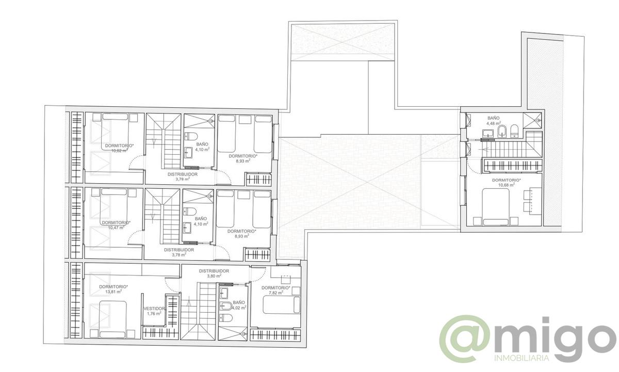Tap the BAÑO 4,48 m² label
coord(495,121)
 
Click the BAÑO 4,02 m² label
coord(239,305)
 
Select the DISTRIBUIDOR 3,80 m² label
coord(214,273)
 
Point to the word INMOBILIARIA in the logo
coord(521,358)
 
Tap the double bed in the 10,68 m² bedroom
coord(496,206)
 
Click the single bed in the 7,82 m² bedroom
coord(282,305)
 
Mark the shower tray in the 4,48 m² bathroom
coord(533,120)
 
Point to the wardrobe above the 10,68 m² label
coord(512,165)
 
